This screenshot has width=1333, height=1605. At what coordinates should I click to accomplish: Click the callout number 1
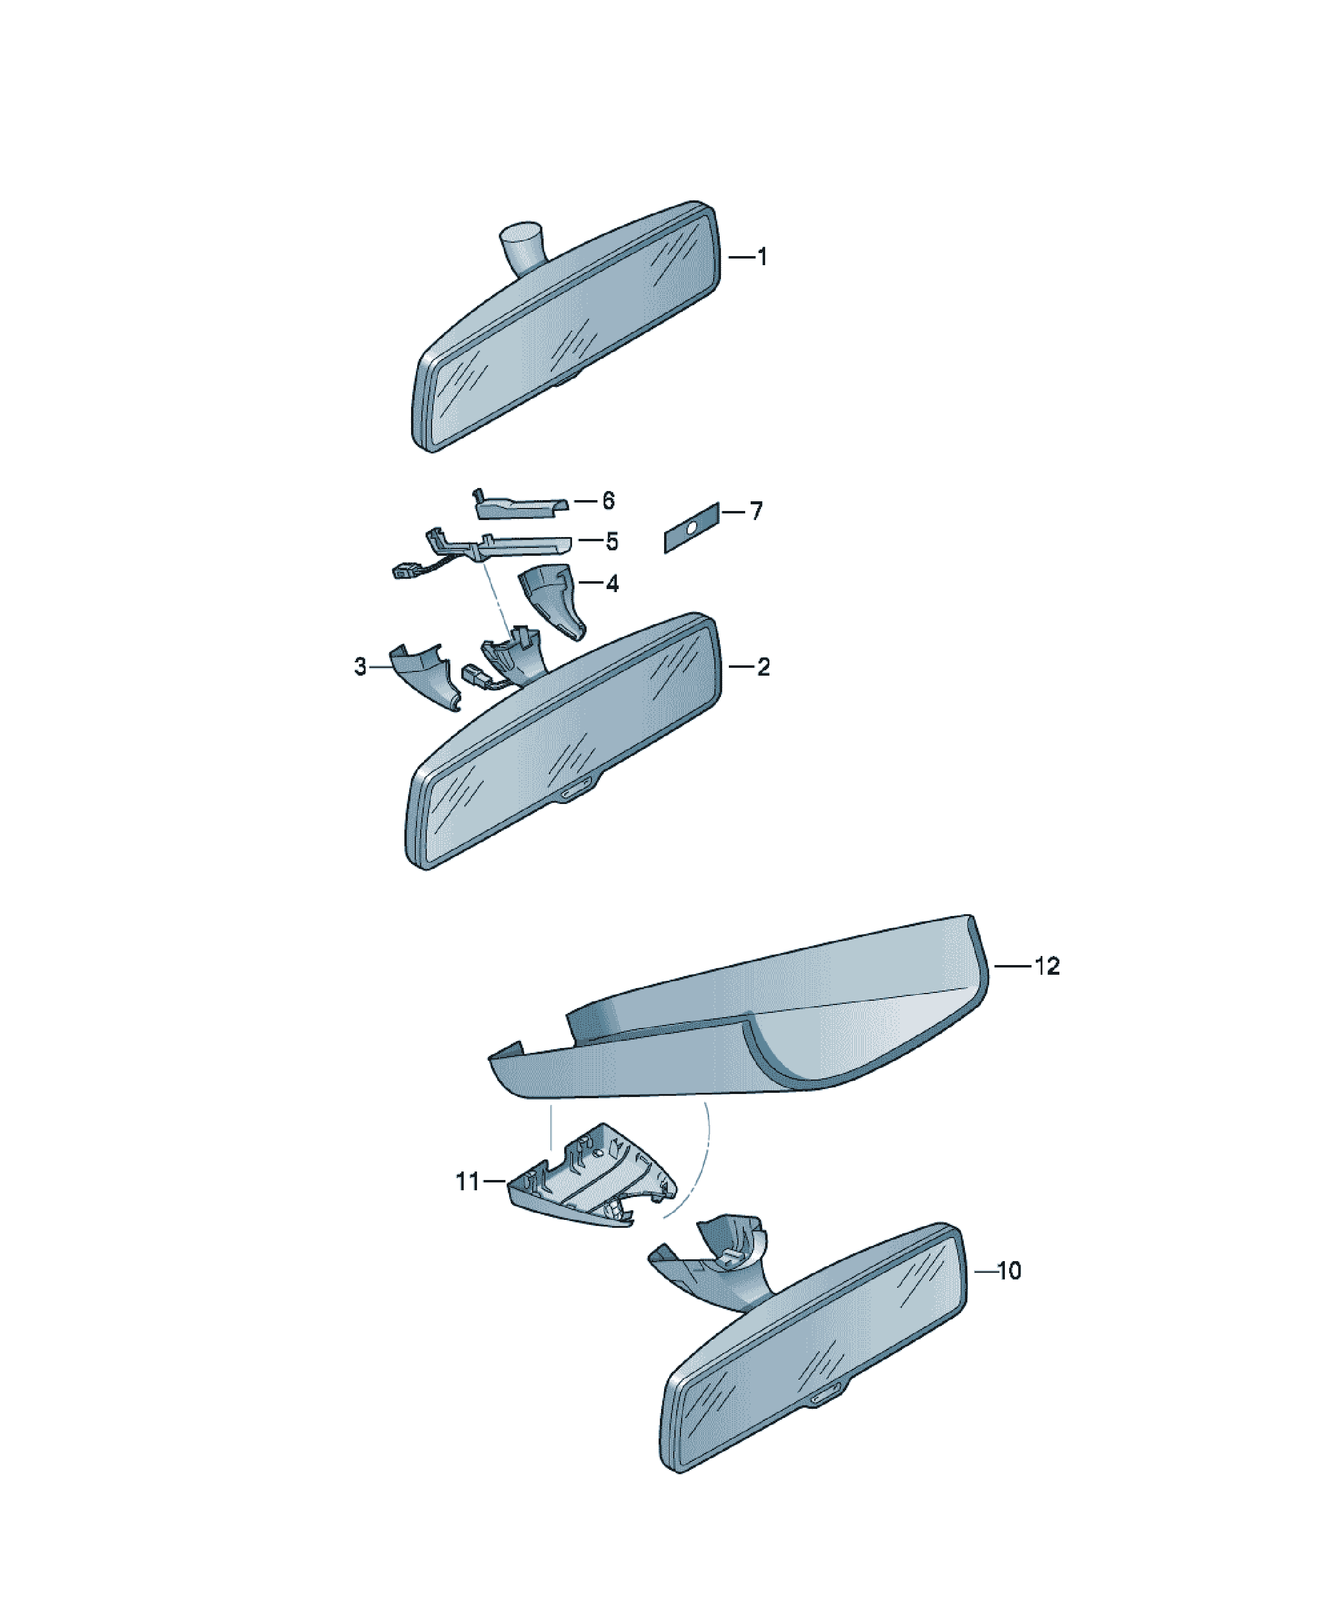[x=762, y=257]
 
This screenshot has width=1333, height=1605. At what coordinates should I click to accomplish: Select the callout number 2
[x=763, y=667]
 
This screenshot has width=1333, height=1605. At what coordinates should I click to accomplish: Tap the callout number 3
[x=360, y=667]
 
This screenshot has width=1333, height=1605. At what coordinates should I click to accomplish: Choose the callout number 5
[x=611, y=542]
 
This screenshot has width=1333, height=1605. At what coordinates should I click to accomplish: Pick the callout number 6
[x=608, y=501]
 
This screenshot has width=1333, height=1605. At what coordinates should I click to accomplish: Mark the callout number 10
[x=1009, y=1271]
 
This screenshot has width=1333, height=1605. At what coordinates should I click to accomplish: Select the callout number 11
[x=468, y=1182]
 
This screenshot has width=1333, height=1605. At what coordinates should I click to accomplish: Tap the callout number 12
[x=1047, y=966]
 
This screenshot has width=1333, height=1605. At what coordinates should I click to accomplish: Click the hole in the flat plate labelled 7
[x=691, y=527]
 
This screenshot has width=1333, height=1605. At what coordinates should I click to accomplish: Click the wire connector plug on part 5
[x=402, y=570]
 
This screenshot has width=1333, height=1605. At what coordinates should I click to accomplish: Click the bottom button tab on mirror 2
[x=579, y=789]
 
